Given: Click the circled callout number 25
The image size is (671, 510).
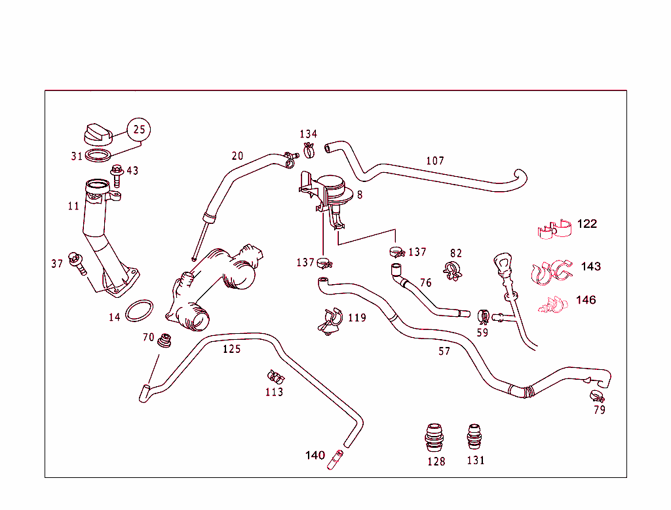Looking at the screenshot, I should pyautogui.click(x=139, y=130).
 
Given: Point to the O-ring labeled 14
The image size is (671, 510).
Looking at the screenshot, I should pyautogui.click(x=139, y=310).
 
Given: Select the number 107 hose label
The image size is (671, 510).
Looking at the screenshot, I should pyautogui.click(x=435, y=160).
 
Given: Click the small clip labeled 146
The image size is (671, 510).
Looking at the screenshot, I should pyautogui.click(x=554, y=304).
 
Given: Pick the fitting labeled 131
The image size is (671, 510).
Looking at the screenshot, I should pyautogui.click(x=475, y=437).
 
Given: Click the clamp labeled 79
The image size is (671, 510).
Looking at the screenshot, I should pyautogui.click(x=596, y=395).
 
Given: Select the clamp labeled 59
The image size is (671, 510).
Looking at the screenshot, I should pyautogui.click(x=484, y=317).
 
